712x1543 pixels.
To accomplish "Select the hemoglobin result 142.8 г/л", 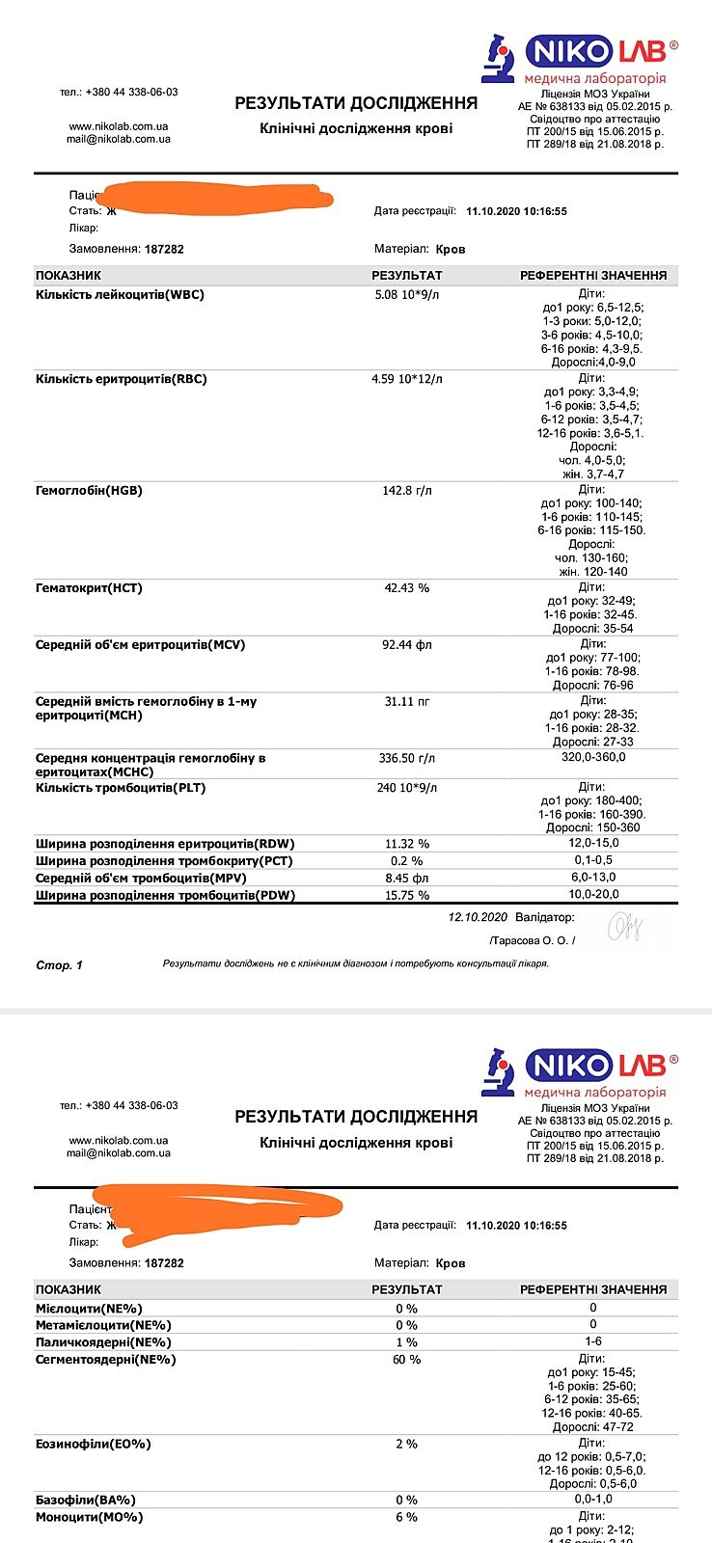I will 407,491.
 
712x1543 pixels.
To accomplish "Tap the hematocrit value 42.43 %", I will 407,588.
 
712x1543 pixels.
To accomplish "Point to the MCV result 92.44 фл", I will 407,645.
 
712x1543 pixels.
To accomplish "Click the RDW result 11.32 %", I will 407,844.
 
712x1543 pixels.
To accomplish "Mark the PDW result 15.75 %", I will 407,896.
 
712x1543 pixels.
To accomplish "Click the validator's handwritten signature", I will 624,928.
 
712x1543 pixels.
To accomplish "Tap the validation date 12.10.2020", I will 478,917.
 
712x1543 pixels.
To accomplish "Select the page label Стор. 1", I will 60,965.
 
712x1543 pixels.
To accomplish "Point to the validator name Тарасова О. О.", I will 532,940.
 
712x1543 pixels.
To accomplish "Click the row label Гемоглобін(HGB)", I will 89,491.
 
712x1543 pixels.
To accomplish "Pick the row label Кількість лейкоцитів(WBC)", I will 120,295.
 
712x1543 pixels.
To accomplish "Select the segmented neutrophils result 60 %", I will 407,1360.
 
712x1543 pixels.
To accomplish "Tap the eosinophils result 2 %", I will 407,1445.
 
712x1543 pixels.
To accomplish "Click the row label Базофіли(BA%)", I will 86,1501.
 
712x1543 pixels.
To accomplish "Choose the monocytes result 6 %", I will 407,1518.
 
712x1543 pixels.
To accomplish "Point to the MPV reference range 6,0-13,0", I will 593,878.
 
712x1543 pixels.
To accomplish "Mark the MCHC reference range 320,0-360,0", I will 593,758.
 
